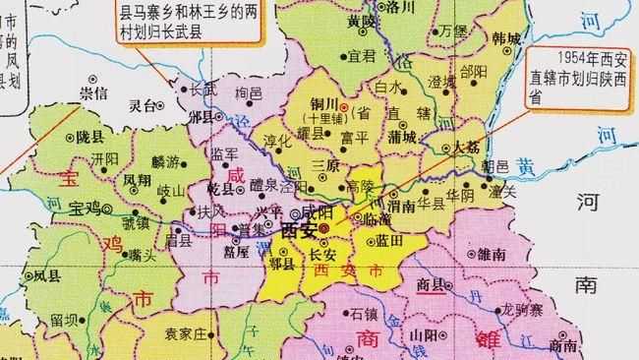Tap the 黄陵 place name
point(362,21)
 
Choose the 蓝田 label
point(390,240)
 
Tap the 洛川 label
point(401,7)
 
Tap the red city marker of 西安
point(324,228)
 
